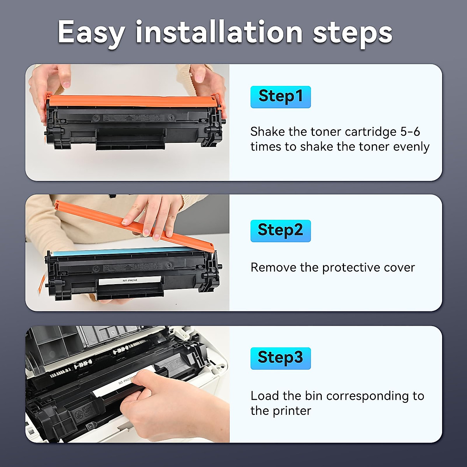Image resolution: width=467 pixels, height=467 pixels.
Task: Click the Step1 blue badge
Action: pyautogui.click(x=280, y=97)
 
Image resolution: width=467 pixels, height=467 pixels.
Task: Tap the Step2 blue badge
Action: pyautogui.click(x=280, y=231)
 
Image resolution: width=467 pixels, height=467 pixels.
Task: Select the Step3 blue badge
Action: pyautogui.click(x=280, y=358)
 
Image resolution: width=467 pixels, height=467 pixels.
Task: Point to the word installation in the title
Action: pyautogui.click(x=219, y=32)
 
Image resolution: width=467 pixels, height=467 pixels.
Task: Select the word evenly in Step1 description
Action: pyautogui.click(x=411, y=147)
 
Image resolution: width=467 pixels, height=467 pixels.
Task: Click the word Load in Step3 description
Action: pyautogui.click(x=265, y=396)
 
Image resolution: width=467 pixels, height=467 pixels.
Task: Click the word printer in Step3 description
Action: pyautogui.click(x=292, y=411)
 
